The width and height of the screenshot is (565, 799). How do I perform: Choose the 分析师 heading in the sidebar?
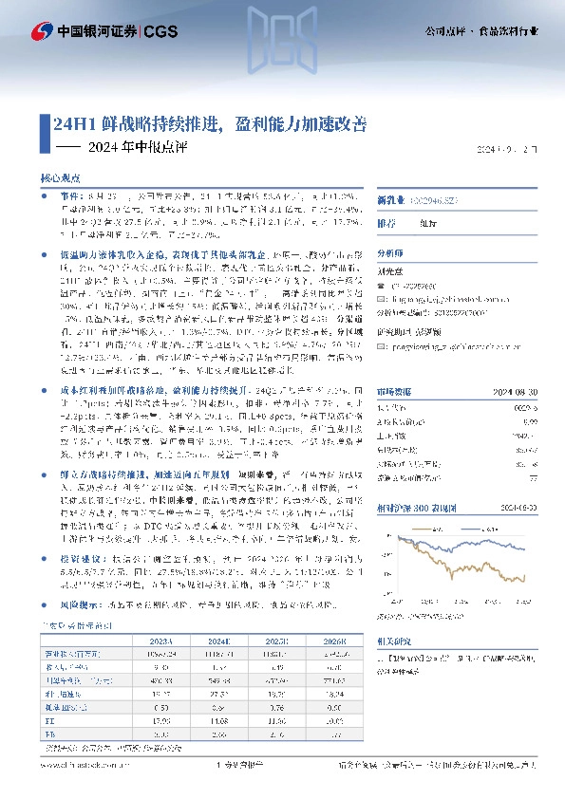click(390, 254)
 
